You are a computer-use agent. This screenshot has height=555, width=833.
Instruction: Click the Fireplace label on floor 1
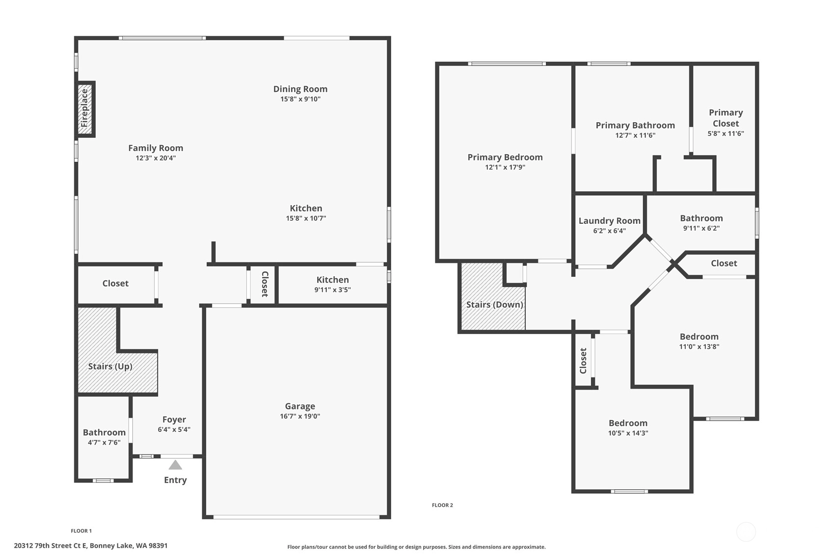(x=85, y=108)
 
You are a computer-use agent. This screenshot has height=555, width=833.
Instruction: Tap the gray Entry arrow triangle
(x=175, y=465)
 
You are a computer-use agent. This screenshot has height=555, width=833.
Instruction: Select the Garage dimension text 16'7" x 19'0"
(x=300, y=416)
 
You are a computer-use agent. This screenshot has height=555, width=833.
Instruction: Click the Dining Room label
(x=300, y=89)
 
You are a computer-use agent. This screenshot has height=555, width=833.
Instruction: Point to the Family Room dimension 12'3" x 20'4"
(x=156, y=158)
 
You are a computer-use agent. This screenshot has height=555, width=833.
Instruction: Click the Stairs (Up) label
(x=110, y=366)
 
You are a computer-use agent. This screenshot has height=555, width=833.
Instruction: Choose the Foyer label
(x=174, y=419)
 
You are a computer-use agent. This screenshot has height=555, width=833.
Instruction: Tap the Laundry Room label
(x=610, y=221)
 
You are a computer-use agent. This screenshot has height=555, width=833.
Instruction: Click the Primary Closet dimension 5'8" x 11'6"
(x=726, y=133)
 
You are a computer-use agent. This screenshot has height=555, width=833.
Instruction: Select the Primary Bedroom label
(x=505, y=157)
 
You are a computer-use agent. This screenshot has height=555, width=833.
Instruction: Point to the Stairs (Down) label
(x=495, y=304)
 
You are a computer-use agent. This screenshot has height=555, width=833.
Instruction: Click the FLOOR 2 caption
(x=443, y=505)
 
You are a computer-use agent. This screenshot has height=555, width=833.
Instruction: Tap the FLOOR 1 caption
(x=81, y=531)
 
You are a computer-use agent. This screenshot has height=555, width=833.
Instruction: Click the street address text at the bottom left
(x=91, y=546)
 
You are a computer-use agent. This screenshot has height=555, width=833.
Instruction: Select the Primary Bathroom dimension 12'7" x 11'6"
(x=635, y=135)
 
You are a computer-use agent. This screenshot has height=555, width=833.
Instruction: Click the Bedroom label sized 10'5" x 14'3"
(x=628, y=423)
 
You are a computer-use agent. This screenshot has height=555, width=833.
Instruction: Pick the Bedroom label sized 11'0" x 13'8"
(x=699, y=337)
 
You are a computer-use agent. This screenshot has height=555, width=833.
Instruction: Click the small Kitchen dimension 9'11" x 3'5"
(x=332, y=290)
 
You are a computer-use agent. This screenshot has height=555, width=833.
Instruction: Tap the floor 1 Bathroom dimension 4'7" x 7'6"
(x=104, y=442)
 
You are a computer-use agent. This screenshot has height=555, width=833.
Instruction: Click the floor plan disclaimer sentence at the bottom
(x=416, y=547)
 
